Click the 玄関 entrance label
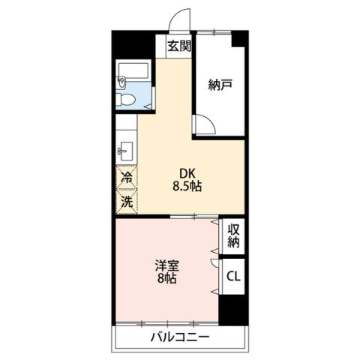click(179, 46)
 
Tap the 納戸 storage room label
click(220, 84)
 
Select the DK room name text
click(186, 171)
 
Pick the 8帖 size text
click(166, 279)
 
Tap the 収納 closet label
click(233, 236)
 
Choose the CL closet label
click(233, 276)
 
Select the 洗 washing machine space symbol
click(127, 200)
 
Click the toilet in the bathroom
click(127, 99)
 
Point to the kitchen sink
click(124, 150)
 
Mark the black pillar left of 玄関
click(133, 44)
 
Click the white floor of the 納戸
click(220, 109)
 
